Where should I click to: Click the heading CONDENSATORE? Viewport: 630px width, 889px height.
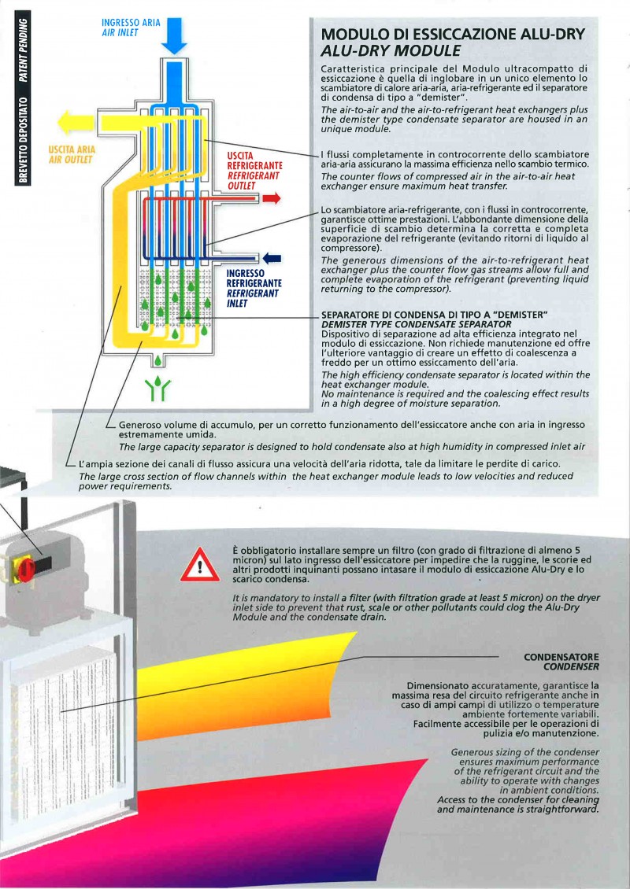tap(561, 656)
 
